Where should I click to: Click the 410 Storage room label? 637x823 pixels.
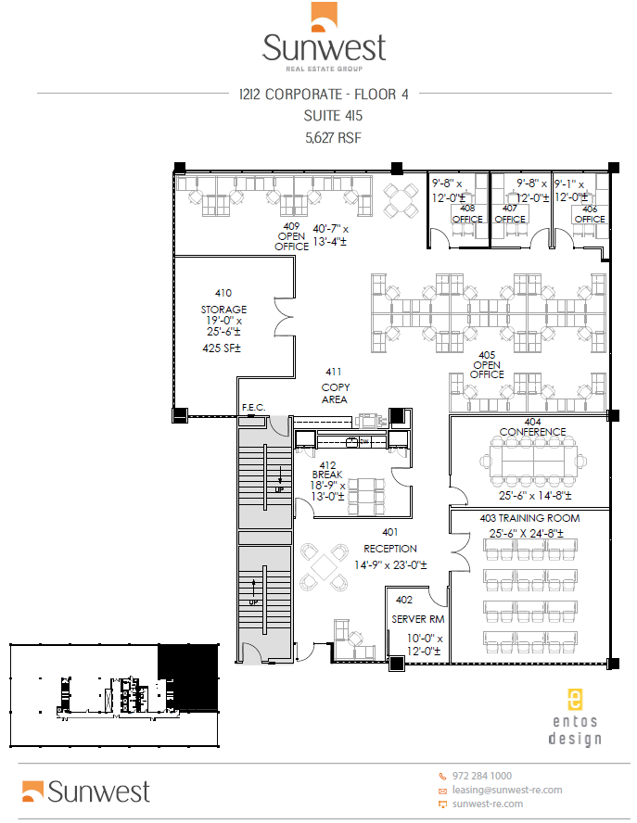223,301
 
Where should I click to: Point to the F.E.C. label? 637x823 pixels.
253,407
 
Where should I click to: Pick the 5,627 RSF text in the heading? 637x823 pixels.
332,138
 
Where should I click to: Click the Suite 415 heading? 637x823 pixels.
332,116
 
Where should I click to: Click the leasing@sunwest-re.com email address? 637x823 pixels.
508,790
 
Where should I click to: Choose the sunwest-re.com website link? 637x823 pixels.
489,804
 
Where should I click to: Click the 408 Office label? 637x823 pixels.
467,214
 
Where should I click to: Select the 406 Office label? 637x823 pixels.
590,214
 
